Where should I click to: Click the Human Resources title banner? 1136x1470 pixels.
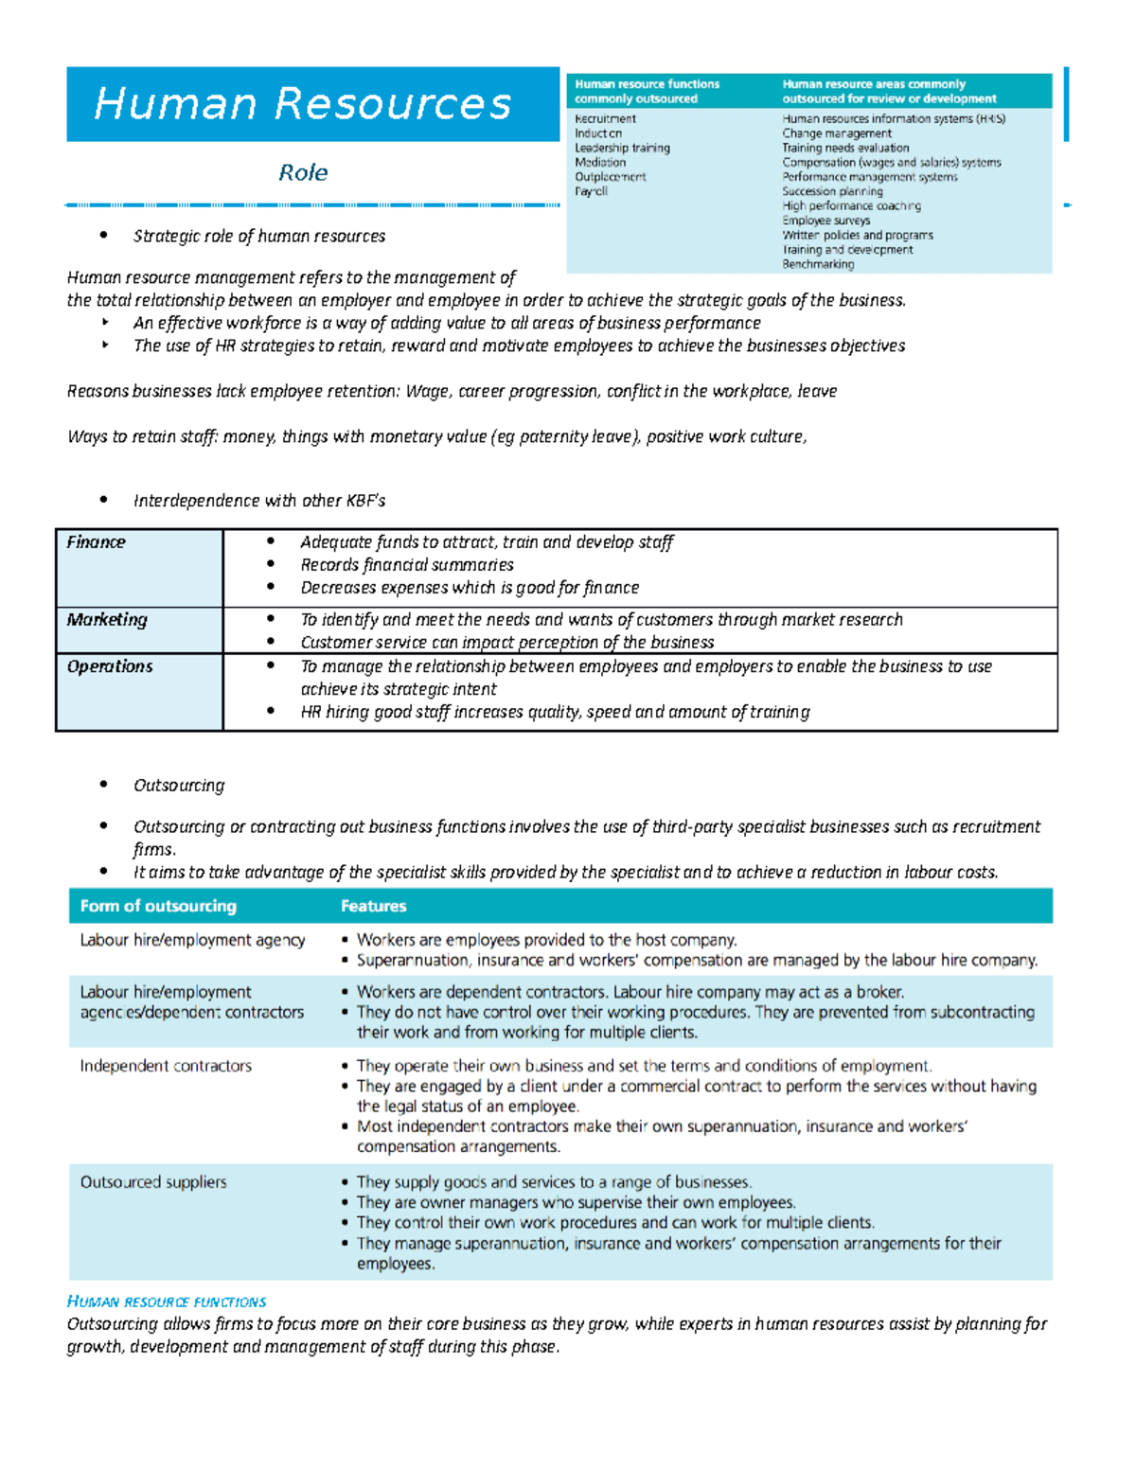click(x=303, y=104)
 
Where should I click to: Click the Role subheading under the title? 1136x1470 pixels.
click(x=303, y=172)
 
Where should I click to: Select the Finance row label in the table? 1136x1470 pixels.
click(x=96, y=542)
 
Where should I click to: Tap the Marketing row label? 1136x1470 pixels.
click(x=107, y=620)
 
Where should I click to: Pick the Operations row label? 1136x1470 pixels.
click(x=110, y=666)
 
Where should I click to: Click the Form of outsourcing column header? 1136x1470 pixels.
click(x=158, y=906)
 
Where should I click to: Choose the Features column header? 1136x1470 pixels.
click(x=373, y=906)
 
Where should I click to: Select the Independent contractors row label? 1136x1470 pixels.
click(x=166, y=1066)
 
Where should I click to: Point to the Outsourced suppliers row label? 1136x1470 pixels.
click(x=153, y=1182)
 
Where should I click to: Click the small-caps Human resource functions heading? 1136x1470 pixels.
click(x=167, y=1302)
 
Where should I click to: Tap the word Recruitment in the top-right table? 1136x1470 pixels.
click(x=605, y=119)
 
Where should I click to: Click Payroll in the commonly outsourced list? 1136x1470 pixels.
click(x=591, y=191)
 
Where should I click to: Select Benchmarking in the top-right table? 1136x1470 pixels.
click(x=818, y=264)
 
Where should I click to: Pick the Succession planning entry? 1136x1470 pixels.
click(x=832, y=191)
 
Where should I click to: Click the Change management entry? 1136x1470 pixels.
click(x=837, y=133)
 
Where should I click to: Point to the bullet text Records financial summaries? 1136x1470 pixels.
click(x=407, y=565)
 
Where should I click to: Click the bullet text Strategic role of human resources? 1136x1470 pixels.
click(x=259, y=236)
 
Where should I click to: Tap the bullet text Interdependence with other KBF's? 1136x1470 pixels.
click(x=259, y=501)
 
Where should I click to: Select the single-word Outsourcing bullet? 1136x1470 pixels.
click(x=179, y=786)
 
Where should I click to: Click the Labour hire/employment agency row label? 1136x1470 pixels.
click(x=192, y=940)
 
